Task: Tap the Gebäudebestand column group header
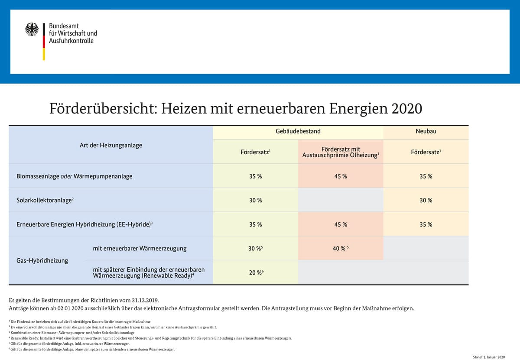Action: pos(298,131)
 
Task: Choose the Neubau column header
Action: pos(426,131)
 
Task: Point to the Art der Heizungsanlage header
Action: pos(111,145)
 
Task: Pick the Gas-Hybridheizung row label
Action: pos(42,260)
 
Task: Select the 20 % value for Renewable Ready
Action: pos(256,272)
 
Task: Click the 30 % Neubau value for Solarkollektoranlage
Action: pos(426,200)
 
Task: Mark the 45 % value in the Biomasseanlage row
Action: pos(341,176)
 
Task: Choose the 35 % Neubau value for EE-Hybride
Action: pos(426,224)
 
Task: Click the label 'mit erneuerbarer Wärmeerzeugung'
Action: pos(140,248)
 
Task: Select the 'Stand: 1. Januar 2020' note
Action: pos(489,357)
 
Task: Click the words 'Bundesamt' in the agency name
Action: pos(64,26)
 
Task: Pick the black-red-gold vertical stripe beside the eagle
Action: pos(44,41)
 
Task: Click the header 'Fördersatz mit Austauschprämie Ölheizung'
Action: pos(341,152)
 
